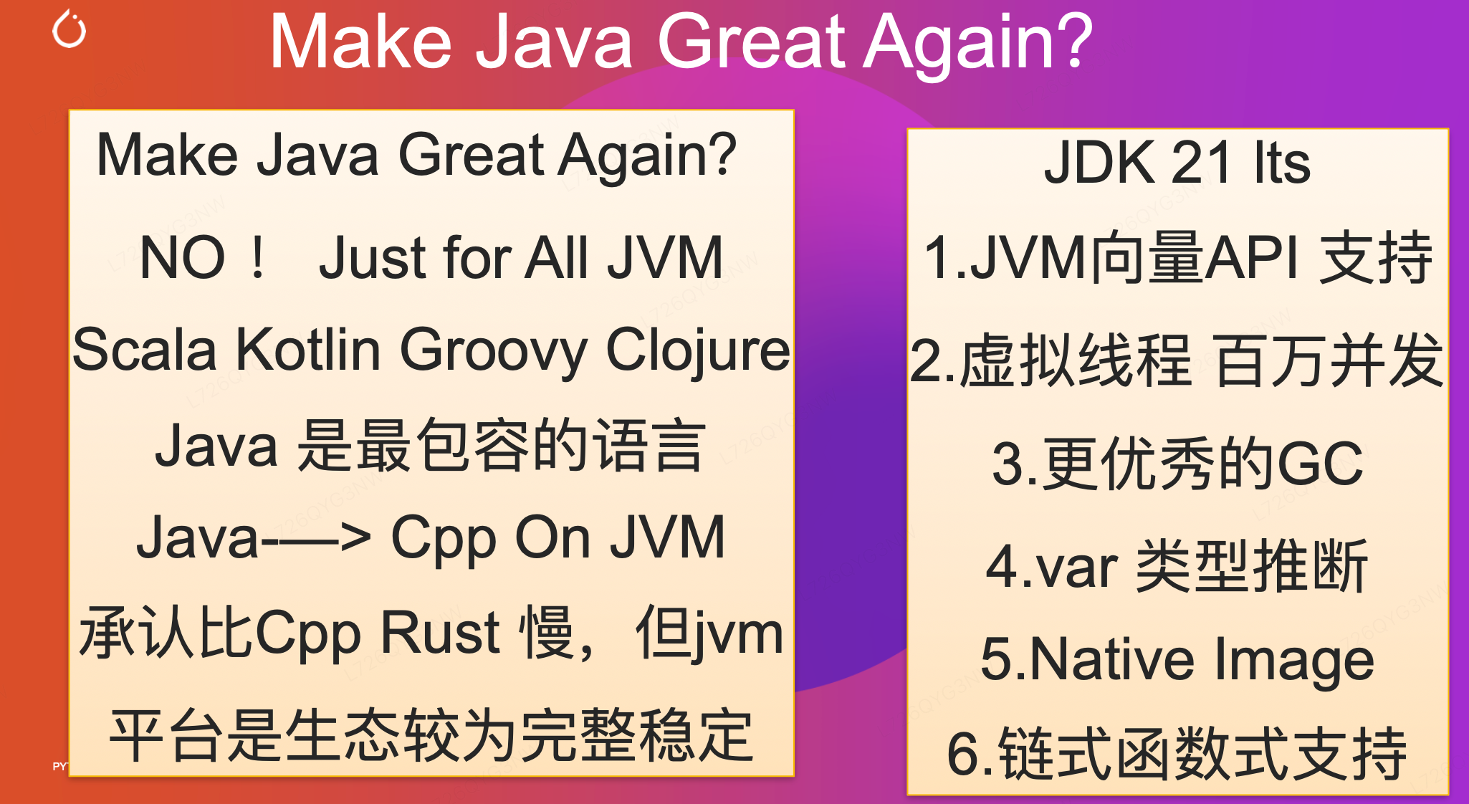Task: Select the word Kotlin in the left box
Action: pyautogui.click(x=308, y=350)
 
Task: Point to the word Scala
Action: pyautogui.click(x=144, y=350)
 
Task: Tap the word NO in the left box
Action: pyautogui.click(x=183, y=257)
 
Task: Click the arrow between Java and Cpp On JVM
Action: pyautogui.click(x=316, y=538)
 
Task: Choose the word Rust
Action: pyautogui.click(x=439, y=632)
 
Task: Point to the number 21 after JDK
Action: pyautogui.click(x=1202, y=162)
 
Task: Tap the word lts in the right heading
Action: pyautogui.click(x=1283, y=162)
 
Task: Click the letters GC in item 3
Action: pyautogui.click(x=1320, y=464)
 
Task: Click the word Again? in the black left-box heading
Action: pyautogui.click(x=648, y=156)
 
